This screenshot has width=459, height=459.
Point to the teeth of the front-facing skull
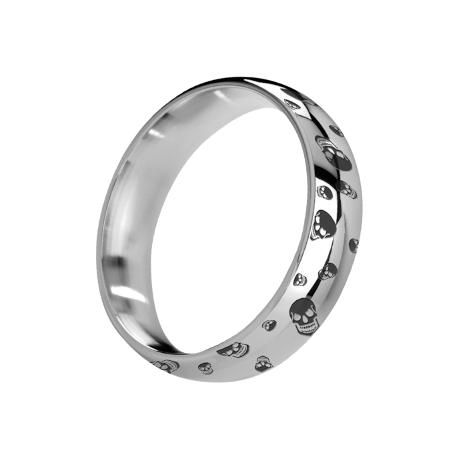[x=305, y=328]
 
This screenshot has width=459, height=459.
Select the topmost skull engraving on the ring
[x=290, y=103]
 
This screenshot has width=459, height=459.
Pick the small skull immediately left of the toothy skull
[x=270, y=325]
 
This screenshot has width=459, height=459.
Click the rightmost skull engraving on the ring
[x=354, y=246]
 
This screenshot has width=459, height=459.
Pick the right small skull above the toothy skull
[x=328, y=271]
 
